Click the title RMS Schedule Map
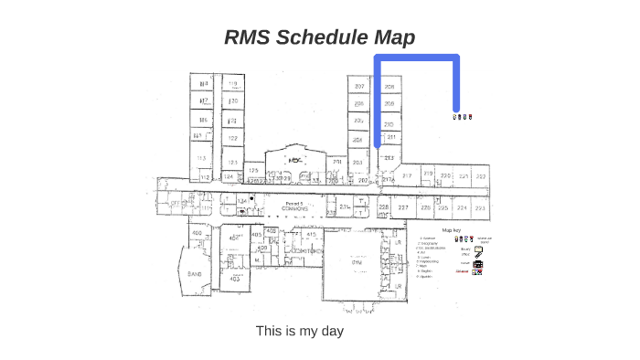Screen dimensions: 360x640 click(319, 37)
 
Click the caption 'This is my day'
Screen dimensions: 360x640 click(299, 331)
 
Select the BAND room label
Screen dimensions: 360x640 click(194, 274)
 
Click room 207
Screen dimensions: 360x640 click(359, 87)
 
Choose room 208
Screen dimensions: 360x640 click(389, 87)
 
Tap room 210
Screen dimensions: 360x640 click(389, 123)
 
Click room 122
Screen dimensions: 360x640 click(232, 139)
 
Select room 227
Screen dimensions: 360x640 click(402, 208)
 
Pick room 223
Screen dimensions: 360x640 click(480, 208)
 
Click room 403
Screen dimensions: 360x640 click(235, 279)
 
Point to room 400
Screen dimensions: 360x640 click(196, 235)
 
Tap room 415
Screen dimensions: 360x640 click(310, 235)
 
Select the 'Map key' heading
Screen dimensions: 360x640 click(452, 230)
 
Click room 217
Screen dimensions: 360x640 click(405, 175)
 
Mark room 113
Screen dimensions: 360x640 click(201, 157)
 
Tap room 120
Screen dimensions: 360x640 click(232, 101)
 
